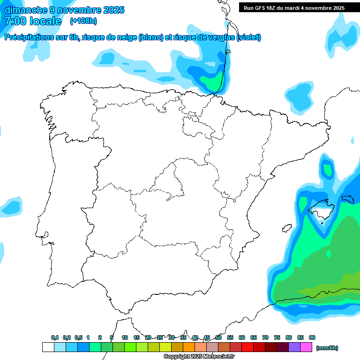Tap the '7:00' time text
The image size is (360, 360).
pyautogui.click(x=15, y=21)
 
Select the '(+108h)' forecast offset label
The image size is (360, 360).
pyautogui.click(x=83, y=21)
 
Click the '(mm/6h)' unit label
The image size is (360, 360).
pyautogui.click(x=327, y=348)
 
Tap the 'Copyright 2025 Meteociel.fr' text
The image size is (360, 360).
pyautogui.click(x=199, y=357)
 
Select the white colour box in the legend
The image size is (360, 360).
pyautogui.click(x=48, y=347)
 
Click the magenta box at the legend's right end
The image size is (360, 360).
pyautogui.click(x=306, y=347)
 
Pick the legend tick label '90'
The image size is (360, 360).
pyautogui.click(x=312, y=338)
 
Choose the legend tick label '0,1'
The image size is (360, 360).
pyautogui.click(x=55, y=338)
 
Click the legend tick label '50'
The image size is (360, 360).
pyautogui.click(x=218, y=338)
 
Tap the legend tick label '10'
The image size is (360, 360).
pyautogui.click(x=125, y=338)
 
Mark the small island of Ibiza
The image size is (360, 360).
pyautogui.click(x=285, y=228)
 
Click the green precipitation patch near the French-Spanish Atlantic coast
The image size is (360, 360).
pyautogui.click(x=212, y=83)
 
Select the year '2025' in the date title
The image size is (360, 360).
pyautogui.click(x=112, y=10)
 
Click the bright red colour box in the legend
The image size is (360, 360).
pyautogui.click(x=247, y=347)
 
